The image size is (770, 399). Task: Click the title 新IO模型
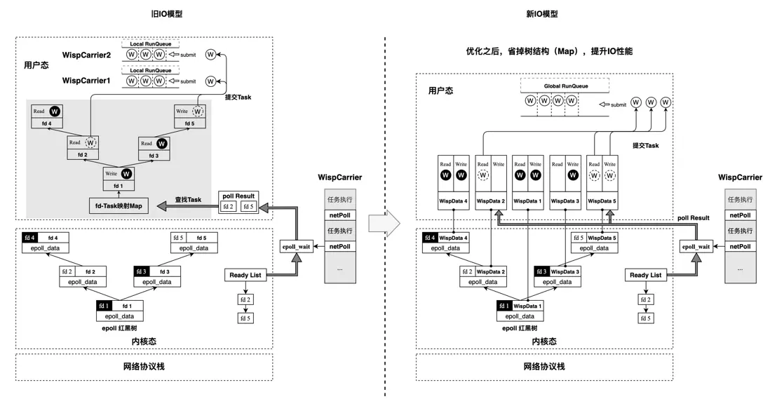pyautogui.click(x=542, y=14)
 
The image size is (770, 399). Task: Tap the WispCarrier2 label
pyautogui.click(x=87, y=55)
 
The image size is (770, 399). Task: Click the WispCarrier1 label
pyautogui.click(x=87, y=81)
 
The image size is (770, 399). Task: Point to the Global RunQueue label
pyautogui.click(x=566, y=86)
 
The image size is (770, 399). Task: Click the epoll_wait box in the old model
pyautogui.click(x=296, y=246)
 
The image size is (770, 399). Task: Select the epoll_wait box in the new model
pyautogui.click(x=696, y=246)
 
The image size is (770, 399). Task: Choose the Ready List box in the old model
pyautogui.click(x=245, y=275)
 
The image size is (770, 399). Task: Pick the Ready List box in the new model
pyautogui.click(x=645, y=275)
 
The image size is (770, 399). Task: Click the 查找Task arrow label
pyautogui.click(x=189, y=200)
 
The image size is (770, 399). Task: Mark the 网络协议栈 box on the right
pyautogui.click(x=543, y=367)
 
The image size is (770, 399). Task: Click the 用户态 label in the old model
pyautogui.click(x=37, y=65)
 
